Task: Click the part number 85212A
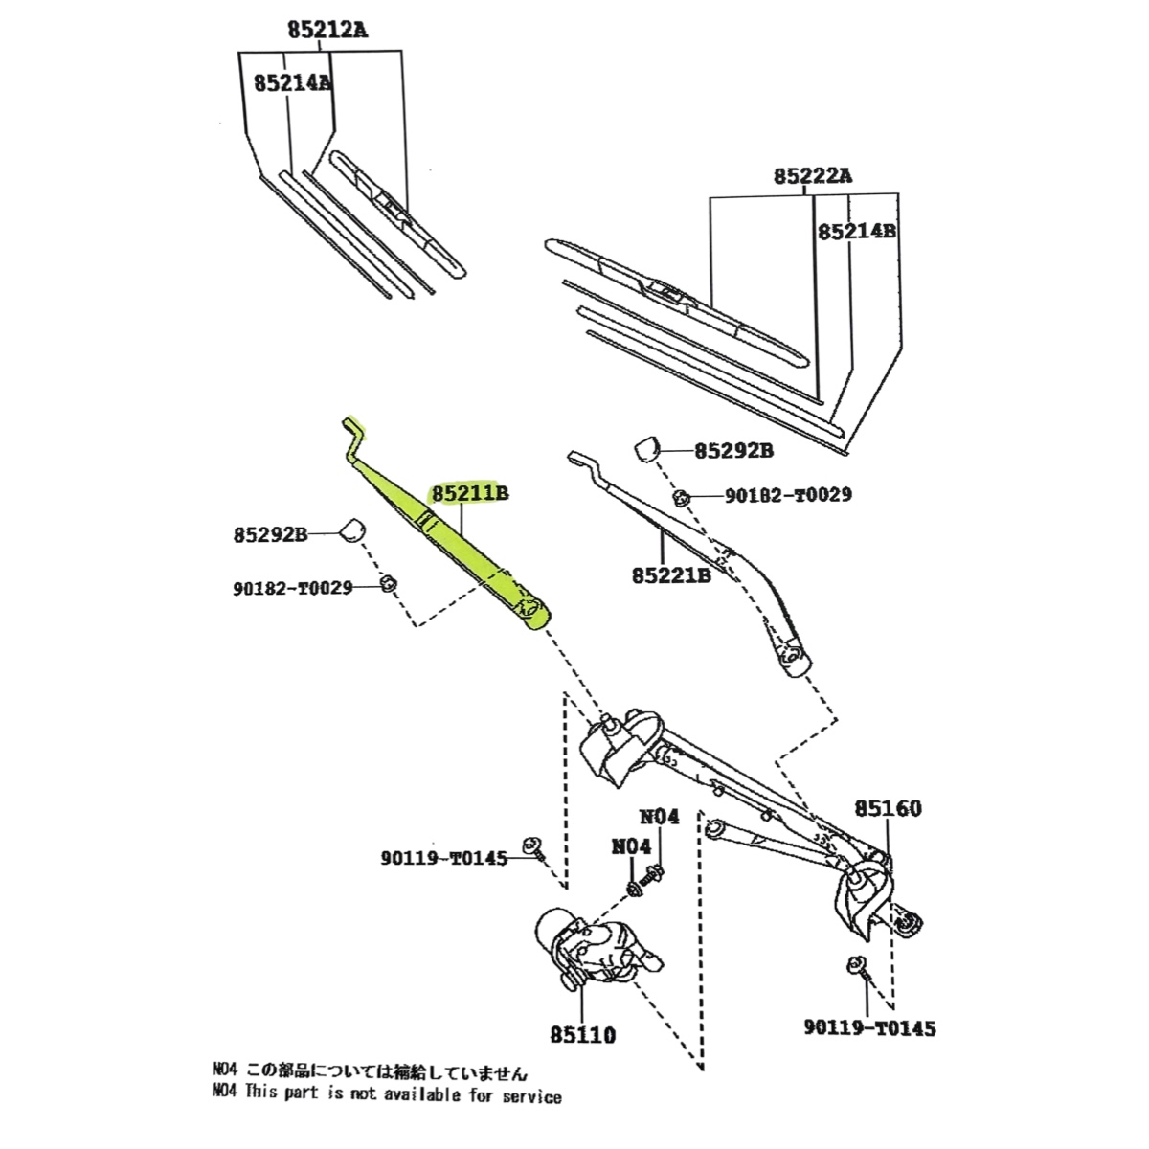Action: (327, 30)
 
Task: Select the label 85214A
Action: (292, 83)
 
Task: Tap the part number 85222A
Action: (813, 176)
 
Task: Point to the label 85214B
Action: (855, 231)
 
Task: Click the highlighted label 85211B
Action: (469, 494)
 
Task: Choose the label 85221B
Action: (671, 575)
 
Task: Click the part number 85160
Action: (888, 809)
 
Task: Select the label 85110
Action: (582, 1035)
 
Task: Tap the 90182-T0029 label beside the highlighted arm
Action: (293, 588)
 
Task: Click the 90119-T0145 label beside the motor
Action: (441, 859)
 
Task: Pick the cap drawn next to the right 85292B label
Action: (648, 447)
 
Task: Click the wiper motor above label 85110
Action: (589, 948)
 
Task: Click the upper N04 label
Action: (659, 817)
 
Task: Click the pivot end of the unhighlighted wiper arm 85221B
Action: (794, 657)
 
